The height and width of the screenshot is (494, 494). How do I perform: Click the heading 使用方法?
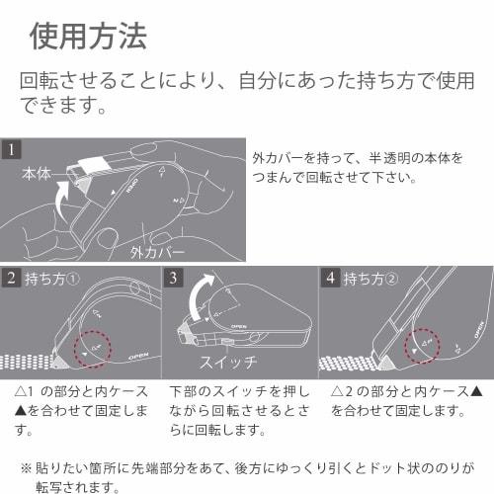[x=88, y=37]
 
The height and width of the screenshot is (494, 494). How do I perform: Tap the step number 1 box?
[x=11, y=149]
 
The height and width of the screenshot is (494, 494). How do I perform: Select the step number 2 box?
[x=11, y=278]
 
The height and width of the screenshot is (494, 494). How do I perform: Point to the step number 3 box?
[x=172, y=278]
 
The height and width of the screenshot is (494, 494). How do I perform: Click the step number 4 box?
[x=330, y=278]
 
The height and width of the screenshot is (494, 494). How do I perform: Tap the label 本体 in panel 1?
[x=39, y=173]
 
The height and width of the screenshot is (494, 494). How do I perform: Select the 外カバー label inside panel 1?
[x=157, y=251]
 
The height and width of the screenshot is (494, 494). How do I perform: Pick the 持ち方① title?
[x=49, y=279]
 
